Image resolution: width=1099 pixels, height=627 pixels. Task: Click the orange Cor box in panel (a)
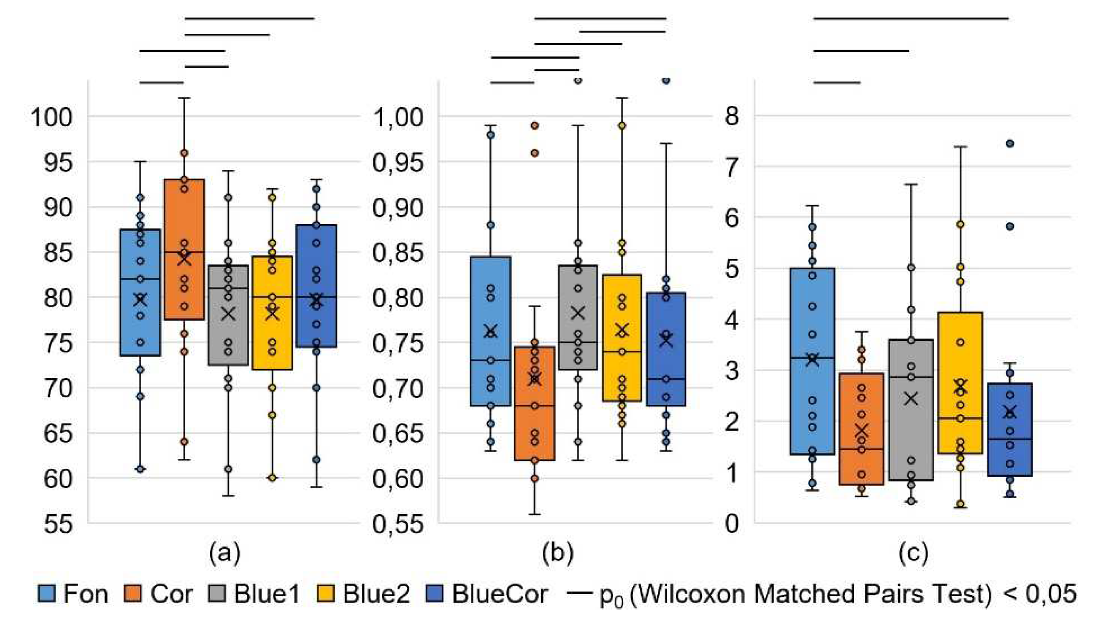click(x=184, y=224)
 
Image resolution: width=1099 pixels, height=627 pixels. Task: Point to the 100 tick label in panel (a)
click(x=52, y=117)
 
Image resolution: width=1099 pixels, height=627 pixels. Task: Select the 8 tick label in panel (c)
click(x=732, y=116)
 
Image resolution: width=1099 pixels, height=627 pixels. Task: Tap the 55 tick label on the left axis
click(x=58, y=524)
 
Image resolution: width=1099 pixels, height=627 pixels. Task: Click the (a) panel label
click(x=224, y=553)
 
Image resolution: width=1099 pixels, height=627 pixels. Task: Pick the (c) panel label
click(x=913, y=553)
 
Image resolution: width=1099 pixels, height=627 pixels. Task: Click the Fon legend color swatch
click(x=47, y=594)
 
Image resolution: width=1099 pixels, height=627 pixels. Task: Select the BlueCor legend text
click(x=500, y=594)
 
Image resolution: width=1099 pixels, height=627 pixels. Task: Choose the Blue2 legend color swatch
click(x=326, y=594)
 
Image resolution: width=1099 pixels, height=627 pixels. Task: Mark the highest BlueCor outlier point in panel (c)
click(x=1009, y=143)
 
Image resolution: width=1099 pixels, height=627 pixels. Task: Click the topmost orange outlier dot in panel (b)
click(x=534, y=126)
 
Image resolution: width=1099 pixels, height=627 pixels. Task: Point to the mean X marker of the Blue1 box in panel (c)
click(x=911, y=398)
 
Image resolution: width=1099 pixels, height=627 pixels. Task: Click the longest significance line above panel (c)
click(x=911, y=19)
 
